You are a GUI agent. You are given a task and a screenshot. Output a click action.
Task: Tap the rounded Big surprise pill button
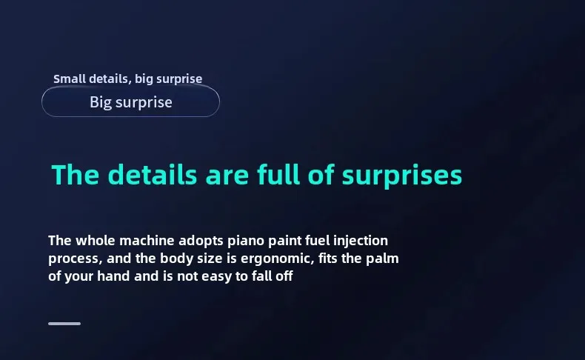(130, 101)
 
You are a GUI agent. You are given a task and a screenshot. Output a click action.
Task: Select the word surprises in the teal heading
(402, 176)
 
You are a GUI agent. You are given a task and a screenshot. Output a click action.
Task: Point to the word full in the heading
(278, 174)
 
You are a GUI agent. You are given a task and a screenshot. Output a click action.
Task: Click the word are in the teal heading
(227, 176)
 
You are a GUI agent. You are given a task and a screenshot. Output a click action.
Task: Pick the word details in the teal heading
(153, 174)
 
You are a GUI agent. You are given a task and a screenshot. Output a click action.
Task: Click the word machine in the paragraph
(147, 241)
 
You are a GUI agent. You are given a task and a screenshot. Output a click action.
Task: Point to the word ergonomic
(277, 259)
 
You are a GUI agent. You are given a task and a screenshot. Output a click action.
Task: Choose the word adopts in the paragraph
(201, 241)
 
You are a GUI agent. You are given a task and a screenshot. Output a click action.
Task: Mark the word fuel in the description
(317, 241)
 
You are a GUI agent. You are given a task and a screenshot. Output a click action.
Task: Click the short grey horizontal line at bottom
(64, 324)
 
